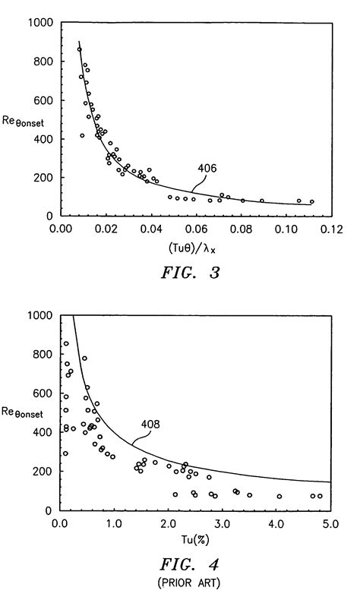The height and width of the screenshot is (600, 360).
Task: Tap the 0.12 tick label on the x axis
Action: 331,227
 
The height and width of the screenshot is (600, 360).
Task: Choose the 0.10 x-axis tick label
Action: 286,227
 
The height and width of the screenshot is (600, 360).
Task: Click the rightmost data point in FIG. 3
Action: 311,202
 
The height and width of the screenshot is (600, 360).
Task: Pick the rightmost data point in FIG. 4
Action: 320,496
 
